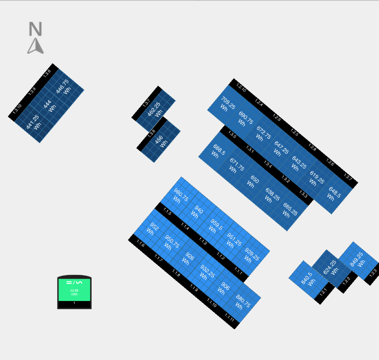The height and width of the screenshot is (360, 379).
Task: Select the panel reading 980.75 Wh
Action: click(x=181, y=195)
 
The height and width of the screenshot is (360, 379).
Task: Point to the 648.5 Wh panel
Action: click(x=334, y=193)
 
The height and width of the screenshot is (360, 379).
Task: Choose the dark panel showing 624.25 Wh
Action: click(x=330, y=268)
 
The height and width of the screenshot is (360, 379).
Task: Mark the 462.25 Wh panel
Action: click(x=154, y=110)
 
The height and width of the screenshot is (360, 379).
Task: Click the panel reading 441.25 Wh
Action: click(x=33, y=122)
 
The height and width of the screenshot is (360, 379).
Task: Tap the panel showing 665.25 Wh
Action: click(x=289, y=210)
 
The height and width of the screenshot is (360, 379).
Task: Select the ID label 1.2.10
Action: click(x=241, y=88)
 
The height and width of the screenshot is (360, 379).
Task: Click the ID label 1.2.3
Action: click(x=373, y=273)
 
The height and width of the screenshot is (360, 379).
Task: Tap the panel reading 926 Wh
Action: click(x=188, y=259)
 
